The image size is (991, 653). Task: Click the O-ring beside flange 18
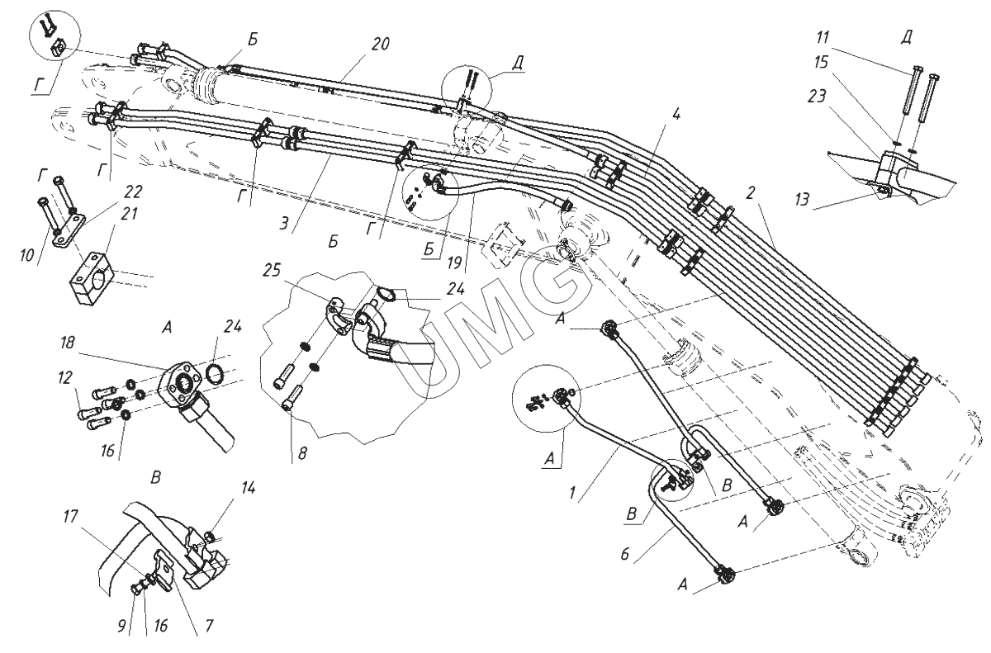click(x=214, y=376)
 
